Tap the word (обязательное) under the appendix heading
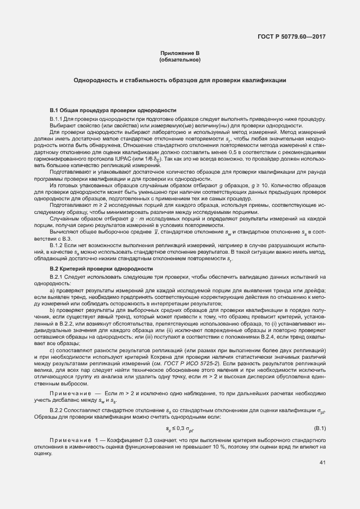[180, 59]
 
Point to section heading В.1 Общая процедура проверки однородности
[113, 109]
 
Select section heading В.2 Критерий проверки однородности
[101, 268]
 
